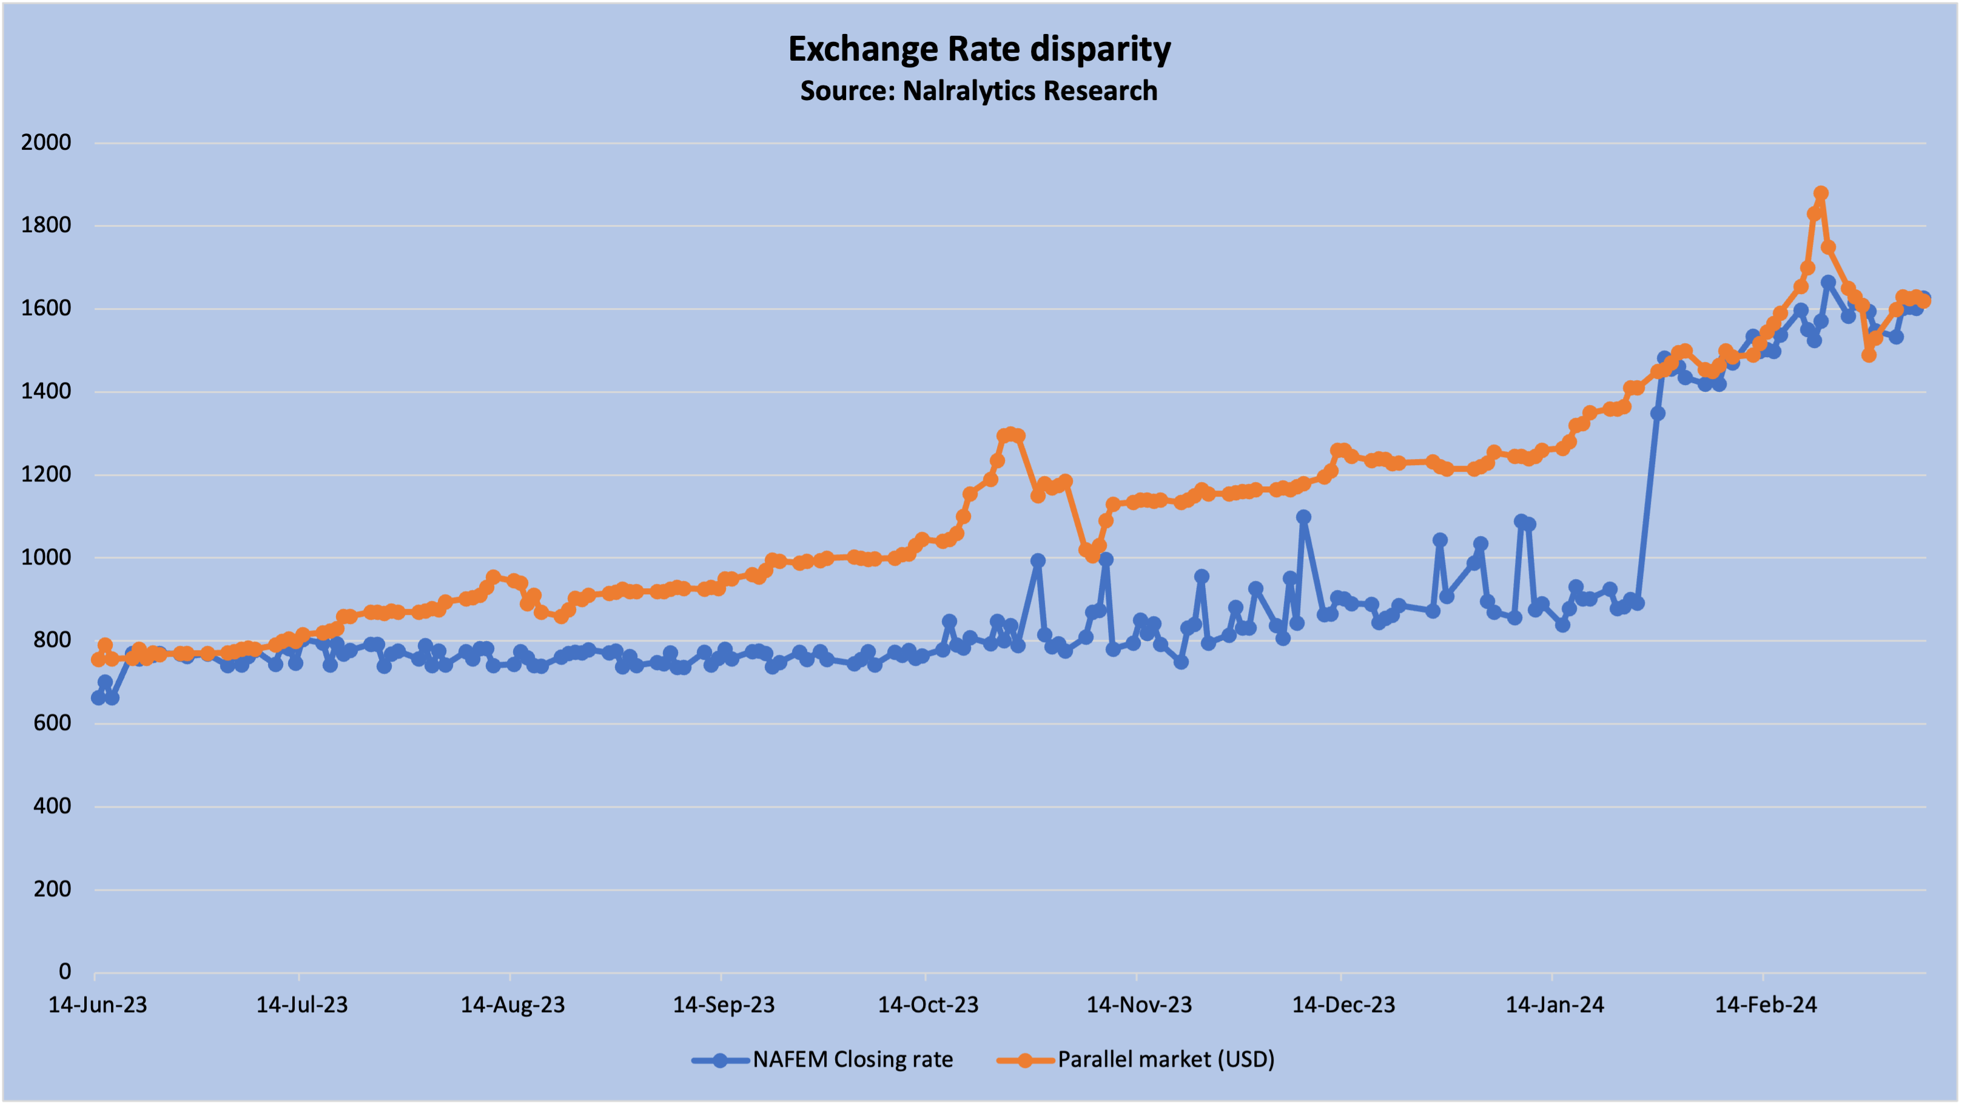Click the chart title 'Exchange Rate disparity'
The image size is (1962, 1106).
pyautogui.click(x=979, y=50)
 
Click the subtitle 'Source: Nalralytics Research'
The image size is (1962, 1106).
pyautogui.click(x=979, y=90)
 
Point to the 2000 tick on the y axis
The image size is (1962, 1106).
pyautogui.click(x=45, y=142)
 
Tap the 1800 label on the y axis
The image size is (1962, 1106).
pyautogui.click(x=45, y=226)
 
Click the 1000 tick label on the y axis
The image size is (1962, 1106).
pyautogui.click(x=45, y=558)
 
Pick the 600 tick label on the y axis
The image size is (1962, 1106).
pyautogui.click(x=52, y=723)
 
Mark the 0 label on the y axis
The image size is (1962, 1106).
pyautogui.click(x=65, y=972)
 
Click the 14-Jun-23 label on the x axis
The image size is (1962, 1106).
pyautogui.click(x=98, y=1005)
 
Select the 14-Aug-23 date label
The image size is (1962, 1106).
pyautogui.click(x=512, y=1005)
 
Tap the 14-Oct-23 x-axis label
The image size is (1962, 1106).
pyautogui.click(x=928, y=1005)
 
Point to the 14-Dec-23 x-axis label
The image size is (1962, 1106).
pyautogui.click(x=1343, y=1005)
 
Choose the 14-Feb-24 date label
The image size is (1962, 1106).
pyautogui.click(x=1765, y=1005)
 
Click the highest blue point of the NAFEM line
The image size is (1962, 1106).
pyautogui.click(x=1828, y=283)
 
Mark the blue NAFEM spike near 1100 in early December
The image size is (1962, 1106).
pyautogui.click(x=1303, y=517)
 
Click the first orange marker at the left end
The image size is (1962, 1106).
pyautogui.click(x=98, y=660)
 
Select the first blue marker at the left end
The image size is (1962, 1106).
pyautogui.click(x=98, y=698)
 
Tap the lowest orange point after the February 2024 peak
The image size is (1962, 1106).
pyautogui.click(x=1869, y=355)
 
